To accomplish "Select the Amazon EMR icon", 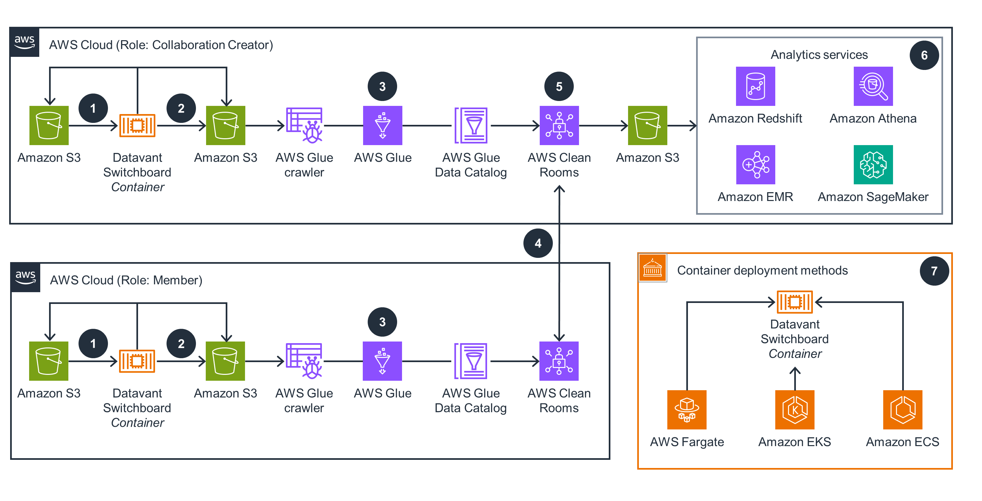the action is tap(755, 165).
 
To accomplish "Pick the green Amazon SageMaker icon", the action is tap(873, 165).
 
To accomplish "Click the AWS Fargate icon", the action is tap(687, 409).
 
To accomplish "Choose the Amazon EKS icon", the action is tap(795, 409).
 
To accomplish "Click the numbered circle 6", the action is tap(924, 55).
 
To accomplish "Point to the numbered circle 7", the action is tap(934, 271).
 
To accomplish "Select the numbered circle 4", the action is tap(538, 243).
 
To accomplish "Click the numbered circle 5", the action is tap(559, 87).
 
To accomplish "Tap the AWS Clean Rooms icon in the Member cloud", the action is tap(559, 361).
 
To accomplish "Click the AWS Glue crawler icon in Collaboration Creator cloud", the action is tap(304, 125).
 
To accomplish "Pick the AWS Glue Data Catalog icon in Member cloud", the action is tap(471, 361).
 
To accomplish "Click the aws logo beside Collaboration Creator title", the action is tap(25, 42).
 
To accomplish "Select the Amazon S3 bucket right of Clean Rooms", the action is tap(647, 125).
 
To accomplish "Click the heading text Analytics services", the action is tap(819, 55).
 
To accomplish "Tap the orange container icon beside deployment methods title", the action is tap(652, 268).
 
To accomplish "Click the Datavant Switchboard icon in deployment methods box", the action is tap(795, 302).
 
